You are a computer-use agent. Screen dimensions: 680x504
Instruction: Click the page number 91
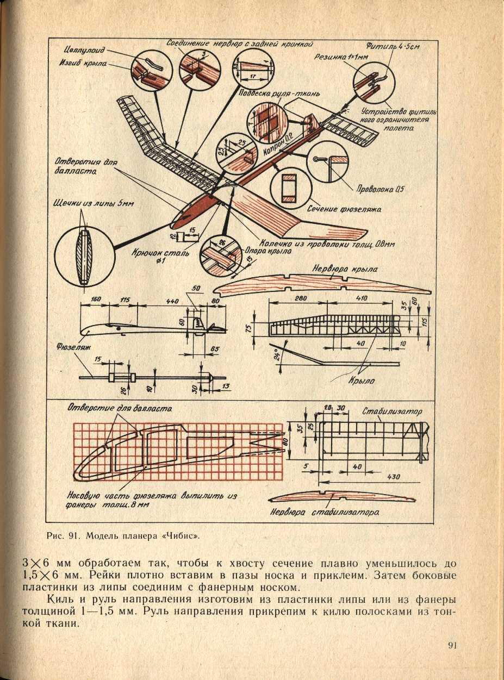click(451, 645)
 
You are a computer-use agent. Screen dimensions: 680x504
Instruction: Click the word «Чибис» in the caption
click(183, 535)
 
